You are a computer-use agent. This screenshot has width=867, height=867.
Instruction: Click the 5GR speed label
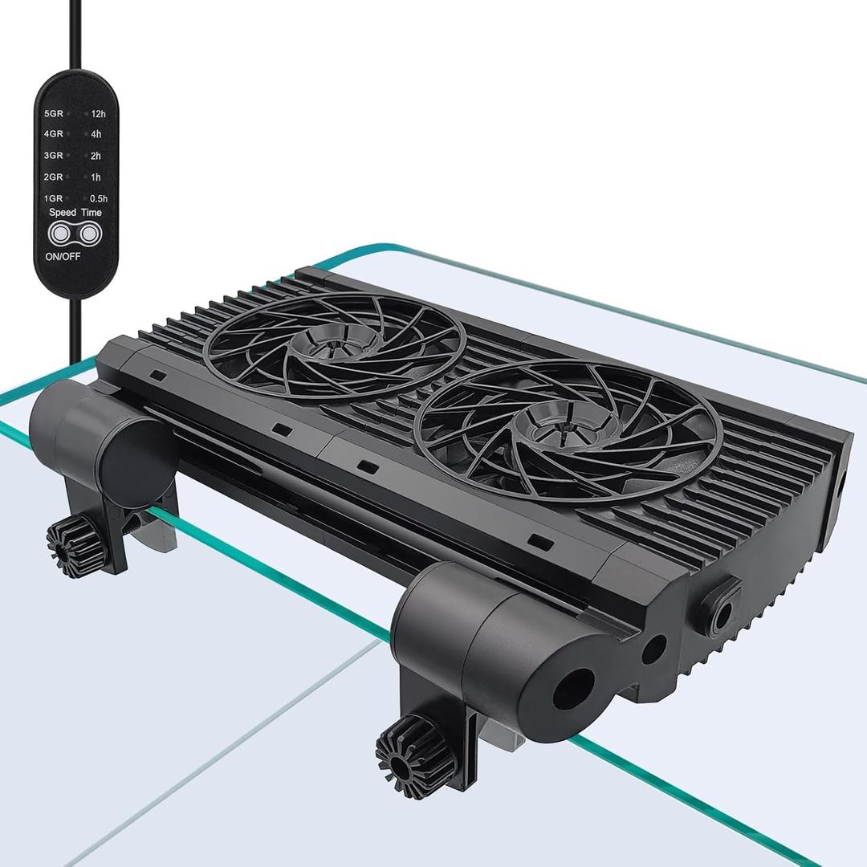tap(54, 114)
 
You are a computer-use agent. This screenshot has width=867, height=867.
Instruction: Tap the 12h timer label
tap(98, 114)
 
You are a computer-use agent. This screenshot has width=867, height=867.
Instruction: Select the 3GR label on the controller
tap(54, 156)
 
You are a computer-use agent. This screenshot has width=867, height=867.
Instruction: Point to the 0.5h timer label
tap(99, 197)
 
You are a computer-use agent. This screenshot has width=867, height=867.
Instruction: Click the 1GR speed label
tap(54, 197)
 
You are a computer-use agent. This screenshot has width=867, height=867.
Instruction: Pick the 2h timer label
tap(96, 156)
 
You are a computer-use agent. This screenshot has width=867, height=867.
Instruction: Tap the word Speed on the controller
tap(62, 213)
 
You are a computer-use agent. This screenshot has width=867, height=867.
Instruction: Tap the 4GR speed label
tap(54, 135)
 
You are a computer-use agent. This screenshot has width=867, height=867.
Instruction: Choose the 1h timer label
tap(96, 177)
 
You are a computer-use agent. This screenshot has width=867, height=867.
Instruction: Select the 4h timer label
tap(96, 135)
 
